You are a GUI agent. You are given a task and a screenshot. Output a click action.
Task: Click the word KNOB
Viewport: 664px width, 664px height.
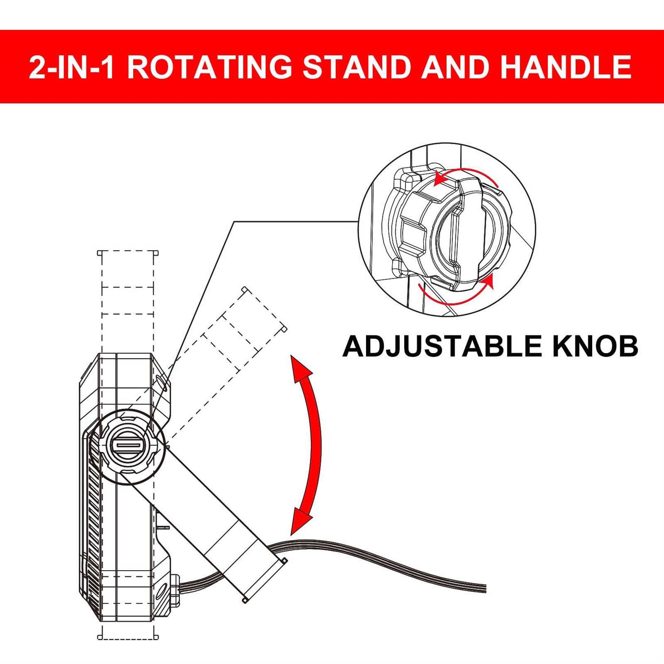click(x=595, y=346)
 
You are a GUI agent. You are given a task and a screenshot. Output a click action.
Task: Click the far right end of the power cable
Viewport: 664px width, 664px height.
click(x=486, y=589)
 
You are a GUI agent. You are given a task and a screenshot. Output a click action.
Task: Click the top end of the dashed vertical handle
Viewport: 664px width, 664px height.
click(x=128, y=253)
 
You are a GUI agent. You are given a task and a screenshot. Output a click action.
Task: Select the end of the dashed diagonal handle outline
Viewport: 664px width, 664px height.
click(x=264, y=309)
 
